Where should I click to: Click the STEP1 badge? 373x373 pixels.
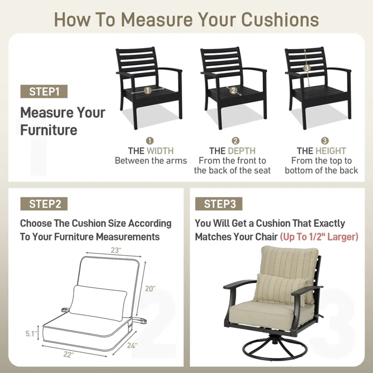44,91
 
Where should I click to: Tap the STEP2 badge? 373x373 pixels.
44,204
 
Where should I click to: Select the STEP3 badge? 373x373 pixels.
219,204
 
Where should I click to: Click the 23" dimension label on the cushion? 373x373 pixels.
116,250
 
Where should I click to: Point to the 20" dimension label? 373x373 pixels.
150,288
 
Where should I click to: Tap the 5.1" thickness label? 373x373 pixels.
31,334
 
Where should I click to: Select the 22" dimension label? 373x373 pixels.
68,354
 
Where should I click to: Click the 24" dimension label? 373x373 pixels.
132,345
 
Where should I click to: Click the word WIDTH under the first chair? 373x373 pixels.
160,151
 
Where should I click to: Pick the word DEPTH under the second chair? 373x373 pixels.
242,151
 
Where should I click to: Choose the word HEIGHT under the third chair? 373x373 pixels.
331,151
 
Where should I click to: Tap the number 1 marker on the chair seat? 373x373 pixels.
148,90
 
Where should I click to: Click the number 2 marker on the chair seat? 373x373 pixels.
233,90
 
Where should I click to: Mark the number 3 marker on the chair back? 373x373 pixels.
307,68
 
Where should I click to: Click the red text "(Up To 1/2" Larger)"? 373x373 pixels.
319,237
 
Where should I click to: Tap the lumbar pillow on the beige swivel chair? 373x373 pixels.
280,289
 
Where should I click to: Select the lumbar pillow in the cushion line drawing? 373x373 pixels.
98,302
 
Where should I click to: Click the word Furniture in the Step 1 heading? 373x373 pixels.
49,130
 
